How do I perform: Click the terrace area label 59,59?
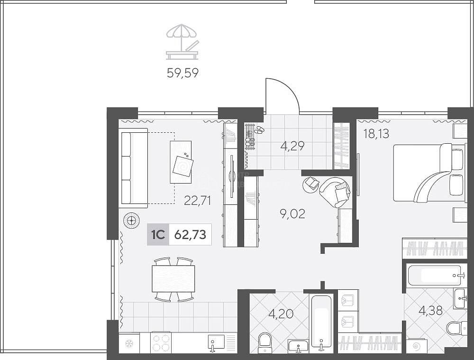[x=182, y=73]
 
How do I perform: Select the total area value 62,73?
[x=191, y=234]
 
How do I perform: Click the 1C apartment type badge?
[x=158, y=234]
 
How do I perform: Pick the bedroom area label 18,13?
[x=376, y=133]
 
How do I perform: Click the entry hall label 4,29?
[x=292, y=146]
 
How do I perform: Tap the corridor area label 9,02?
[x=293, y=214]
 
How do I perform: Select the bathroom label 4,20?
[x=281, y=314]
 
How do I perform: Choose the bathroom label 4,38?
[x=431, y=310]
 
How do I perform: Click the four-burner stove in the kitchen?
[x=161, y=343]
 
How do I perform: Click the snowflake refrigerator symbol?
[x=129, y=343]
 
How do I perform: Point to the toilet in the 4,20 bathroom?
[x=265, y=343]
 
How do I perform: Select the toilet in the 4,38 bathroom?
[x=455, y=328]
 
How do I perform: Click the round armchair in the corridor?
[x=335, y=192]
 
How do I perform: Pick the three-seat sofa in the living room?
[x=133, y=168]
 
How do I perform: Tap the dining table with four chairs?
[x=173, y=279]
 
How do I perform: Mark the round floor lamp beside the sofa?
[x=131, y=221]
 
